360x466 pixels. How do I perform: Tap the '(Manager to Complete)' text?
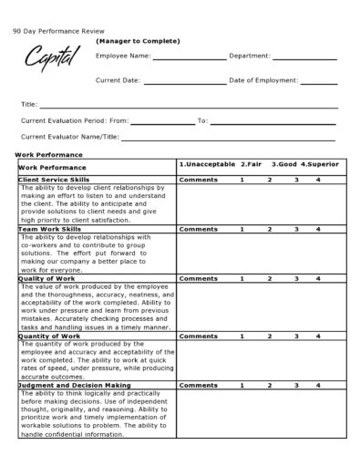click(138, 41)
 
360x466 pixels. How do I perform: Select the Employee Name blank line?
click(190, 59)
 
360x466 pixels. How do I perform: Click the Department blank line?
click(305, 59)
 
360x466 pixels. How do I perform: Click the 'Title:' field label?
click(30, 105)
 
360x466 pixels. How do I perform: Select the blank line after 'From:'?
click(162, 122)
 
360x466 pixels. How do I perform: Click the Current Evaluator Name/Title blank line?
click(229, 140)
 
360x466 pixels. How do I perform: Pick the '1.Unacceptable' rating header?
click(207, 164)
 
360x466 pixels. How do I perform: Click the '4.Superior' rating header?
click(319, 164)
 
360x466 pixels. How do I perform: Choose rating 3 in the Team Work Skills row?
click(295, 229)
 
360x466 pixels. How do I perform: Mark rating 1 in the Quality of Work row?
click(242, 278)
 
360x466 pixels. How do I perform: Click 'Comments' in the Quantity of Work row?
click(198, 336)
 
